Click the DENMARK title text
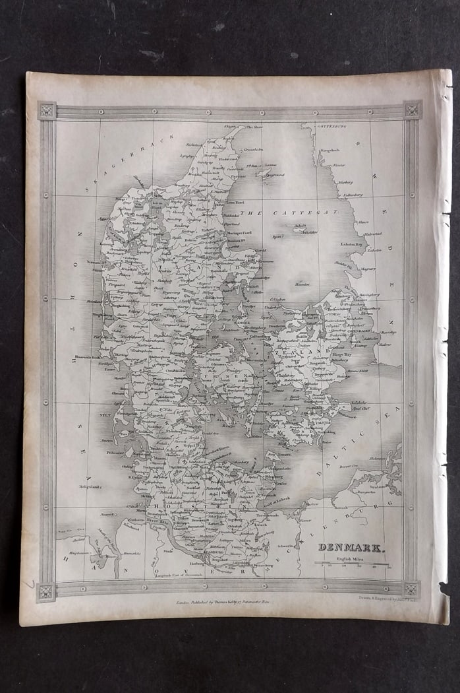(x=345, y=546)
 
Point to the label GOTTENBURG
(x=333, y=125)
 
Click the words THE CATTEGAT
(x=289, y=213)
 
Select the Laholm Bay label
(x=351, y=244)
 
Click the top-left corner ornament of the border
(x=47, y=110)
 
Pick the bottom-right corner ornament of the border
(x=411, y=589)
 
